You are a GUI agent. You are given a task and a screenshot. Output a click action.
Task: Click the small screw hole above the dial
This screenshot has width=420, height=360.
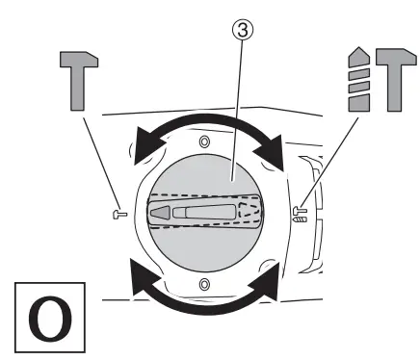203,141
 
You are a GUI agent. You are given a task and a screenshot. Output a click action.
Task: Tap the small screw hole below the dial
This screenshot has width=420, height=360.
203,285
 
